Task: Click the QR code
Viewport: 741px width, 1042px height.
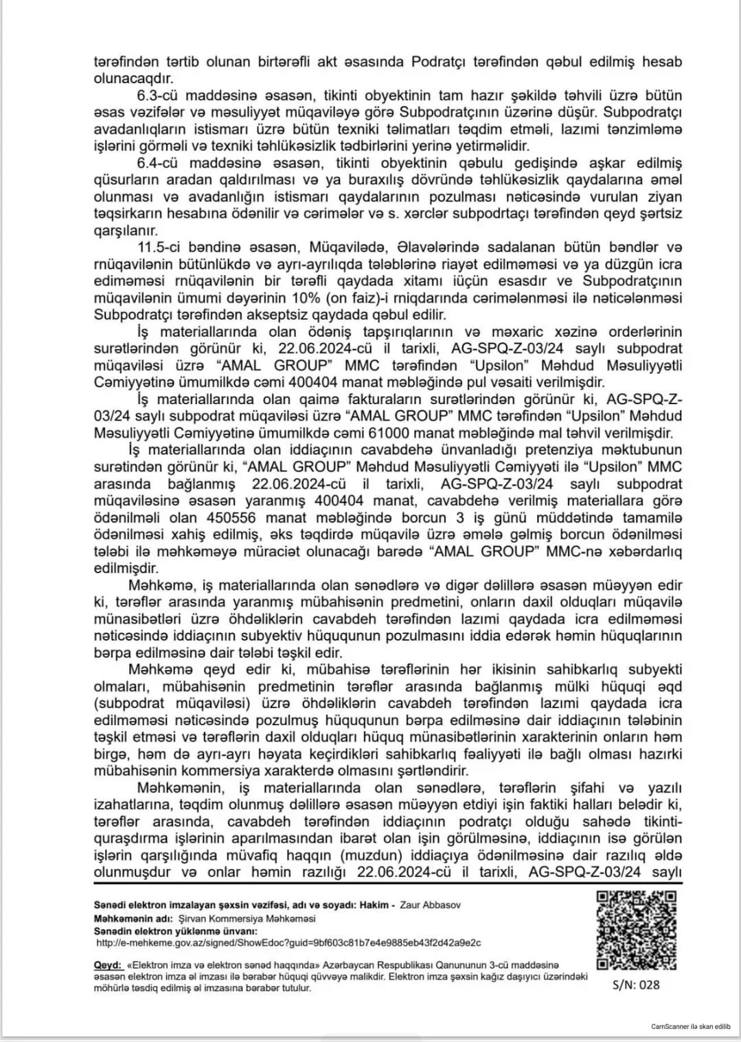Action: [x=636, y=929]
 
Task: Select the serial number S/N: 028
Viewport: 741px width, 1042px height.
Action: [x=636, y=984]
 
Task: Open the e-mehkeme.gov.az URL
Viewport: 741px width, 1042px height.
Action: [x=288, y=943]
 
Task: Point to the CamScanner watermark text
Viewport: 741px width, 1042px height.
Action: [x=690, y=1026]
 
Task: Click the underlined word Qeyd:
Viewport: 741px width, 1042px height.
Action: [x=108, y=965]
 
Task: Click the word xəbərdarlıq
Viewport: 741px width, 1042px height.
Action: [x=638, y=551]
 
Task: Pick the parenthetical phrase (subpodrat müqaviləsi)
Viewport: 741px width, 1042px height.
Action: [x=171, y=703]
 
